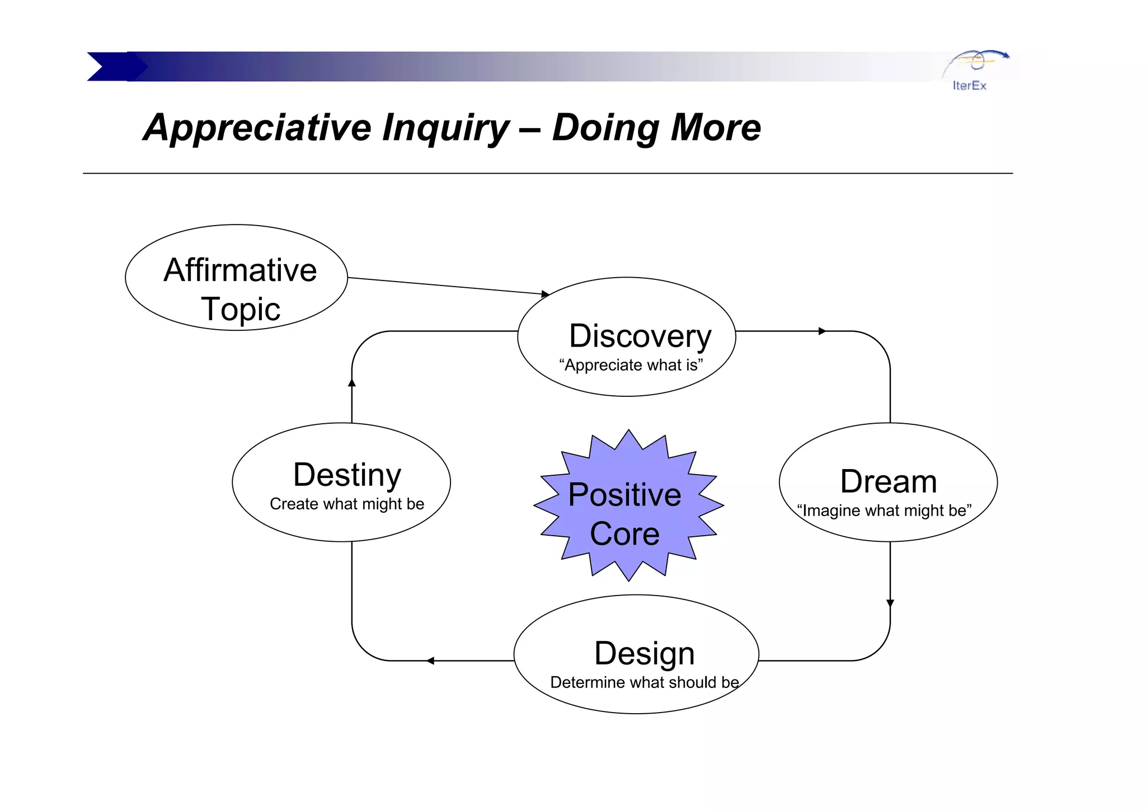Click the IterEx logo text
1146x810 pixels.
(x=969, y=86)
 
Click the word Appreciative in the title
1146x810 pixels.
(x=257, y=128)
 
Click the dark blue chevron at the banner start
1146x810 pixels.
(x=112, y=67)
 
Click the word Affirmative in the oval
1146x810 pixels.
(x=240, y=270)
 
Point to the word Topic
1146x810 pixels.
(x=240, y=309)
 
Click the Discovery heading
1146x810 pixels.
(x=640, y=336)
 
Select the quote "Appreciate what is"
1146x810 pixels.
(x=631, y=365)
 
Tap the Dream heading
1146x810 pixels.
(x=888, y=481)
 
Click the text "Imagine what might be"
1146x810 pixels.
(x=884, y=511)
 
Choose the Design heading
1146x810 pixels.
(x=644, y=653)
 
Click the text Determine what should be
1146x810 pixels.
(x=644, y=682)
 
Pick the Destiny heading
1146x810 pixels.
(x=347, y=475)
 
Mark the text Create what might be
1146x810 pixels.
(x=347, y=504)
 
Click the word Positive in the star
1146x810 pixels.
(x=624, y=495)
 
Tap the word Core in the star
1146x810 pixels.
(x=624, y=533)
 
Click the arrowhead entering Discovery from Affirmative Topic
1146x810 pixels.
(x=546, y=294)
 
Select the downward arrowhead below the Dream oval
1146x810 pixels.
(x=890, y=603)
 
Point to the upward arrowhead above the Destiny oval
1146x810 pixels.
(x=352, y=383)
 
